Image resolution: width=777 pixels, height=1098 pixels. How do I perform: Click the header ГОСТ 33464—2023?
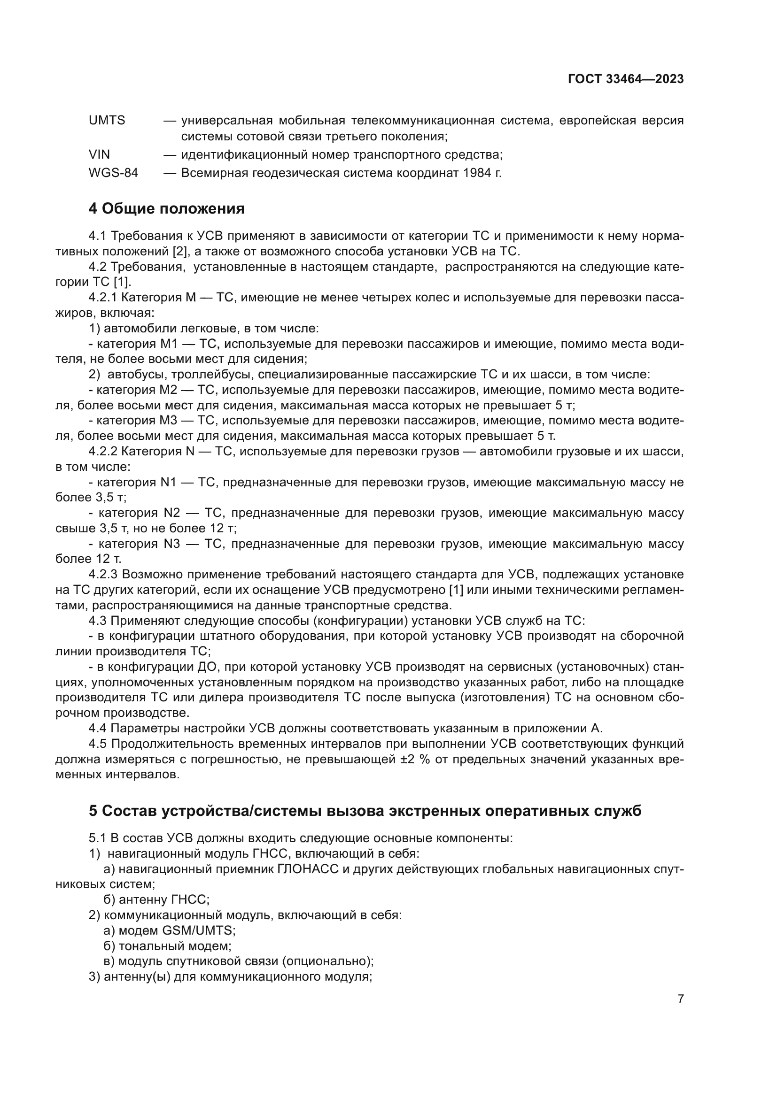pyautogui.click(x=625, y=79)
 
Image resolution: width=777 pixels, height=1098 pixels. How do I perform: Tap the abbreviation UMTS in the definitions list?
pyautogui.click(x=107, y=121)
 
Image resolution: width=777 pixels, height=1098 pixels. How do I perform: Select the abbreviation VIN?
pyautogui.click(x=99, y=154)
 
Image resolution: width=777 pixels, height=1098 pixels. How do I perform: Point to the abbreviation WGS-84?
pyautogui.click(x=113, y=173)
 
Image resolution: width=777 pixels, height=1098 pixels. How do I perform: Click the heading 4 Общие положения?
pyautogui.click(x=166, y=209)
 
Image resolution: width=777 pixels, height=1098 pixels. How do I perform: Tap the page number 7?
pyautogui.click(x=680, y=999)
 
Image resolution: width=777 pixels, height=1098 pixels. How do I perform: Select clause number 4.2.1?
pyautogui.click(x=102, y=298)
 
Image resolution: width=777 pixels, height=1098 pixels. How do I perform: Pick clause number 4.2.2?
pyautogui.click(x=102, y=452)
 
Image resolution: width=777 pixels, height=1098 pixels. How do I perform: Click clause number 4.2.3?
pyautogui.click(x=103, y=574)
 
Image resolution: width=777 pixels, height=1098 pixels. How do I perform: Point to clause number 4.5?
pyautogui.click(x=98, y=744)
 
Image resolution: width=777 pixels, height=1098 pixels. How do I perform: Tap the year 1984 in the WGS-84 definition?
pyautogui.click(x=477, y=173)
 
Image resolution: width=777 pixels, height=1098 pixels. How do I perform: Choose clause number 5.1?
pyautogui.click(x=98, y=838)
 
